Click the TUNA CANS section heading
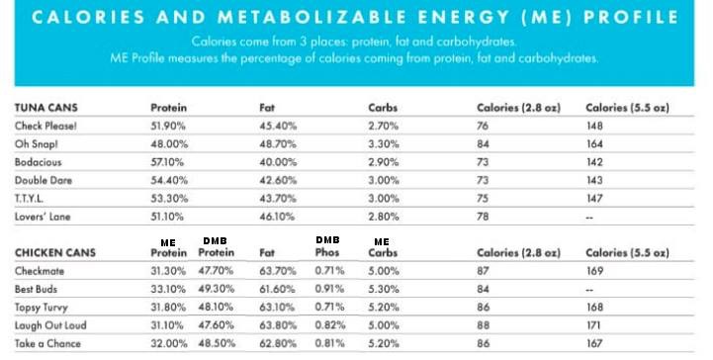[x=45, y=108]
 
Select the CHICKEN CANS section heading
[x=55, y=253]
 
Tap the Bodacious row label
[x=38, y=162]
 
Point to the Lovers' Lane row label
[x=43, y=217]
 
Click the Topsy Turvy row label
[x=41, y=308]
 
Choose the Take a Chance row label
[x=47, y=343]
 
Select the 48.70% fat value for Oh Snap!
[x=278, y=144]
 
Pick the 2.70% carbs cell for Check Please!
[x=384, y=126]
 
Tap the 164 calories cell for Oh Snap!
[x=594, y=144]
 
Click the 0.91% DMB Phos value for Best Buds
[x=329, y=289]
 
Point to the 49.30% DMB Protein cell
[x=216, y=289]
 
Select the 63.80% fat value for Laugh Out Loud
[x=278, y=325]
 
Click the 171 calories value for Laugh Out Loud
[x=593, y=325]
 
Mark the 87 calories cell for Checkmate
[x=483, y=271]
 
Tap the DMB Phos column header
[x=327, y=246]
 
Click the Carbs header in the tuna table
[x=383, y=108]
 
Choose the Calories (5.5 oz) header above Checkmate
[x=628, y=253]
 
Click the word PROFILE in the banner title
[x=632, y=17]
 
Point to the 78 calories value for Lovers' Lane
[x=483, y=217]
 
